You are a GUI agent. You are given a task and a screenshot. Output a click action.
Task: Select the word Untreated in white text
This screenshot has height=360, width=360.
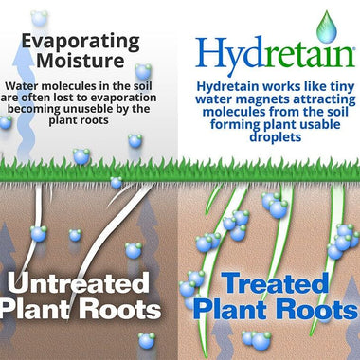click(91, 281)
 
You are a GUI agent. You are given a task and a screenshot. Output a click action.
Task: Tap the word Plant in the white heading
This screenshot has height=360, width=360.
click(46, 310)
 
